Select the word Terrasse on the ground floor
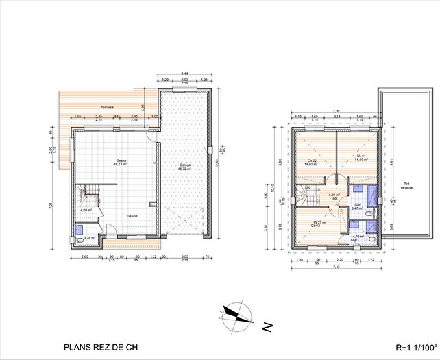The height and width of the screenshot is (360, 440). (107, 108)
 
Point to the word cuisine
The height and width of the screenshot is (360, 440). (132, 216)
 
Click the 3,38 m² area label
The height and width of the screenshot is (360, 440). (88, 238)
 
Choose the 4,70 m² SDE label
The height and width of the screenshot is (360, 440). (358, 238)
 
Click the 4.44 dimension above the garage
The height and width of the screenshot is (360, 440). (185, 73)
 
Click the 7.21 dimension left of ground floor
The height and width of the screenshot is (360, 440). (50, 205)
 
